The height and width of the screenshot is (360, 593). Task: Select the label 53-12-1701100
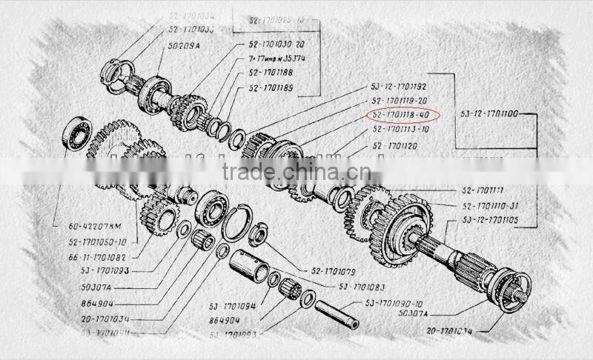pos(488,115)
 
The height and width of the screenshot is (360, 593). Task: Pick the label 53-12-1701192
pos(400,87)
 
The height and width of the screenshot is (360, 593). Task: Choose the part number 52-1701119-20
pos(400,101)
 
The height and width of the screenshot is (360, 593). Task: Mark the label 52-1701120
pos(394,146)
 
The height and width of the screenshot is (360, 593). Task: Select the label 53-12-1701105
pos(490,220)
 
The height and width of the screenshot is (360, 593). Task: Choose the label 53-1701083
pos(364,286)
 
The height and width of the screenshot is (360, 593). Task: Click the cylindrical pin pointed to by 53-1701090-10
pos(337,313)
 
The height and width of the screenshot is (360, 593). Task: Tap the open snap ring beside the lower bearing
pos(236,223)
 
